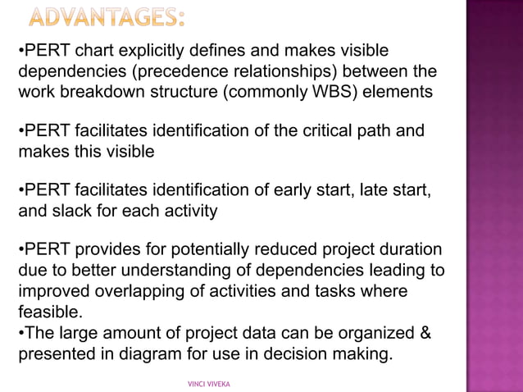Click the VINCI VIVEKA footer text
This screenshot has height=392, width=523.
(209, 383)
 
